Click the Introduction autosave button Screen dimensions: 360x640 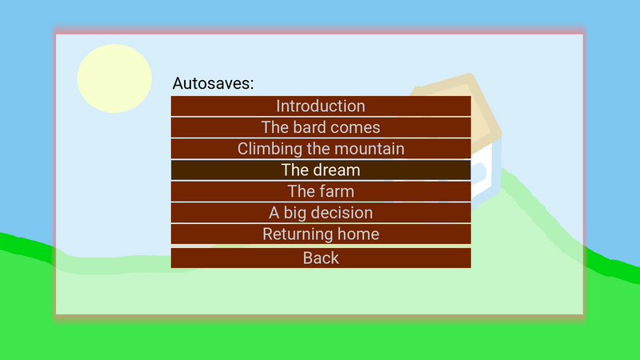[x=321, y=106]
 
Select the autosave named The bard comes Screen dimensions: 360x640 [x=321, y=127]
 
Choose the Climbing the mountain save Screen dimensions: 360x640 [x=321, y=149]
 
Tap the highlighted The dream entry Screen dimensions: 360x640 [x=321, y=170]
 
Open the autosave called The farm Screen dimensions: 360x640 [x=321, y=191]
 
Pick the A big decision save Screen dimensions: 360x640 [x=321, y=213]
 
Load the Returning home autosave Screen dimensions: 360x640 [x=321, y=234]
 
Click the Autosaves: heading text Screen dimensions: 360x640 [x=213, y=83]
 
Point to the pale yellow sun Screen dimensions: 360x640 [x=114, y=78]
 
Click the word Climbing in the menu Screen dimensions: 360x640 [x=267, y=149]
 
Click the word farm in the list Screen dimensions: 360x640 [x=336, y=191]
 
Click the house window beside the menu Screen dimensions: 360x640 [x=480, y=172]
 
